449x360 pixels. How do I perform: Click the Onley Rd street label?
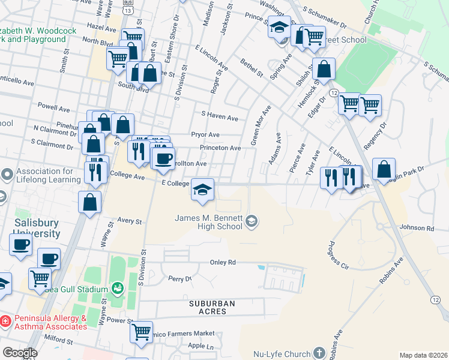pyautogui.click(x=222, y=263)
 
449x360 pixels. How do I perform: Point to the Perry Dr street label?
pyautogui.click(x=179, y=279)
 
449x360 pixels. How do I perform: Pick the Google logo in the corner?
pyautogui.click(x=20, y=352)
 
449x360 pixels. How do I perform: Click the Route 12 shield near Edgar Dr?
pyautogui.click(x=334, y=93)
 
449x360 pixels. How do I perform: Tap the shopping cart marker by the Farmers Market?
pyautogui.click(x=141, y=331)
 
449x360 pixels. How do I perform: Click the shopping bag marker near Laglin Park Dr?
pyautogui.click(x=384, y=169)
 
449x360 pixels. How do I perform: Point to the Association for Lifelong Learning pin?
pyautogui.click(x=7, y=175)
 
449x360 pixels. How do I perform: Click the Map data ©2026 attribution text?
pyautogui.click(x=423, y=355)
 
